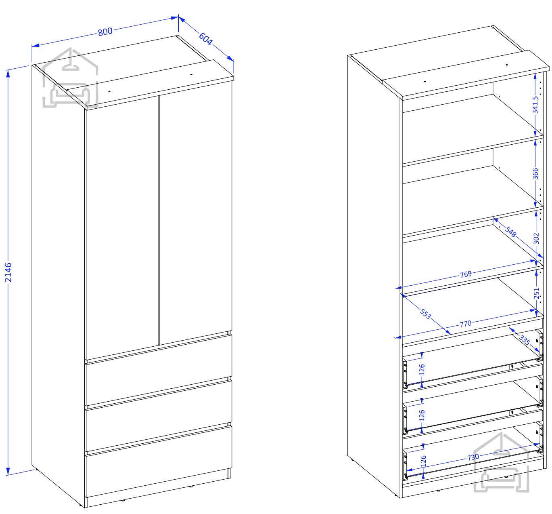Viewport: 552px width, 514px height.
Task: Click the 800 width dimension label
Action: pyautogui.click(x=105, y=32)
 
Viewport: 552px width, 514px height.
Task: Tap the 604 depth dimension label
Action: pyautogui.click(x=206, y=39)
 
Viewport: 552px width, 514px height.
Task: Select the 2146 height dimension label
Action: pyautogui.click(x=8, y=272)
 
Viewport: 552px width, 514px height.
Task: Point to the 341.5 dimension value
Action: pyautogui.click(x=535, y=105)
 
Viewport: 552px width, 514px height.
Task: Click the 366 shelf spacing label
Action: pyautogui.click(x=535, y=173)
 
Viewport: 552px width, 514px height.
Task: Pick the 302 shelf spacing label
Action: pyautogui.click(x=536, y=239)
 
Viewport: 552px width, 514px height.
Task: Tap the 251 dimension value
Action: pyautogui.click(x=536, y=293)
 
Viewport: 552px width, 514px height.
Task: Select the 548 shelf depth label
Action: pyautogui.click(x=510, y=232)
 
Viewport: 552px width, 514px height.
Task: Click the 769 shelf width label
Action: pyautogui.click(x=466, y=274)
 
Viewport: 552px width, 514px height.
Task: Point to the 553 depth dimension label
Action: pyautogui.click(x=425, y=314)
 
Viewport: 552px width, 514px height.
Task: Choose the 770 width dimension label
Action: pyautogui.click(x=466, y=324)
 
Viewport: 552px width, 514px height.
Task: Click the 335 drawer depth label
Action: pyautogui.click(x=525, y=340)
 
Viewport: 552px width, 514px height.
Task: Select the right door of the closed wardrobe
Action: pyautogui.click(x=196, y=213)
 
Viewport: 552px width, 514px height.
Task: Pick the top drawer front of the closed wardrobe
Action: pyautogui.click(x=159, y=370)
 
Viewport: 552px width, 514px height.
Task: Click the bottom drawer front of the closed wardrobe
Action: pyautogui.click(x=159, y=461)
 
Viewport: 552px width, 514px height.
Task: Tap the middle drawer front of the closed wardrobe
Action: pyautogui.click(x=159, y=416)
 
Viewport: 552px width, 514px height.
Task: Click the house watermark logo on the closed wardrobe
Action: pyautogui.click(x=70, y=78)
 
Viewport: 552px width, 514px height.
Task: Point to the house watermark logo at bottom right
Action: pyautogui.click(x=501, y=462)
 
